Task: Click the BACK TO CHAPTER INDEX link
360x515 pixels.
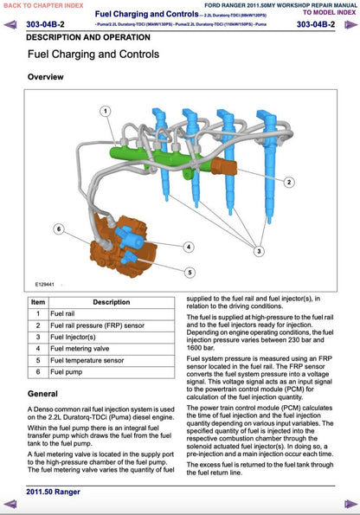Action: pos(44,5)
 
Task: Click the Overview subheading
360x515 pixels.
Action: pos(46,77)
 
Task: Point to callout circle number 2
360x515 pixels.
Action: pos(289,183)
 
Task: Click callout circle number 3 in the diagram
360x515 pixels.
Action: pos(259,250)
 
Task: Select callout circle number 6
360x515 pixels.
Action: pos(58,229)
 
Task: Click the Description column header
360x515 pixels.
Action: pos(112,302)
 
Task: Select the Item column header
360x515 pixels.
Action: pos(37,302)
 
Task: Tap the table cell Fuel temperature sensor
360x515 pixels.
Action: pos(87,360)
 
